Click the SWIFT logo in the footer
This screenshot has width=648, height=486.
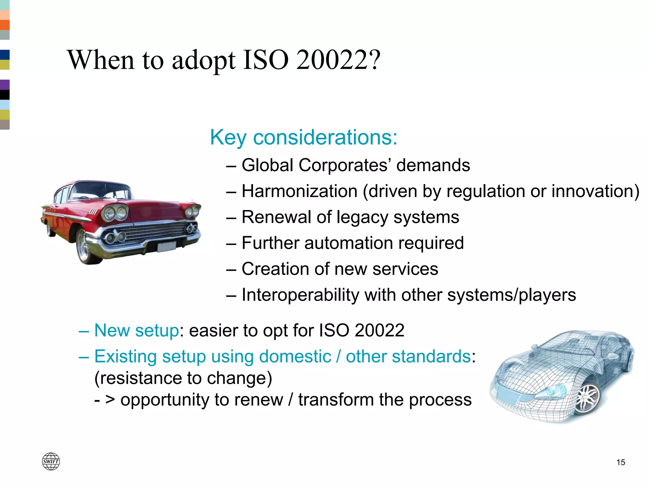(51, 461)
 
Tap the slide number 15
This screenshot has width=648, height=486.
(620, 462)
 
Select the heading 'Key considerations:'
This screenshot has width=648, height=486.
(303, 137)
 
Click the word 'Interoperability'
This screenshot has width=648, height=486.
(300, 295)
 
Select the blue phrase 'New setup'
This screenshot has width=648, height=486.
(137, 330)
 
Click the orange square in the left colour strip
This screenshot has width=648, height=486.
(4, 25)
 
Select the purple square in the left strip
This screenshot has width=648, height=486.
(4, 84)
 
